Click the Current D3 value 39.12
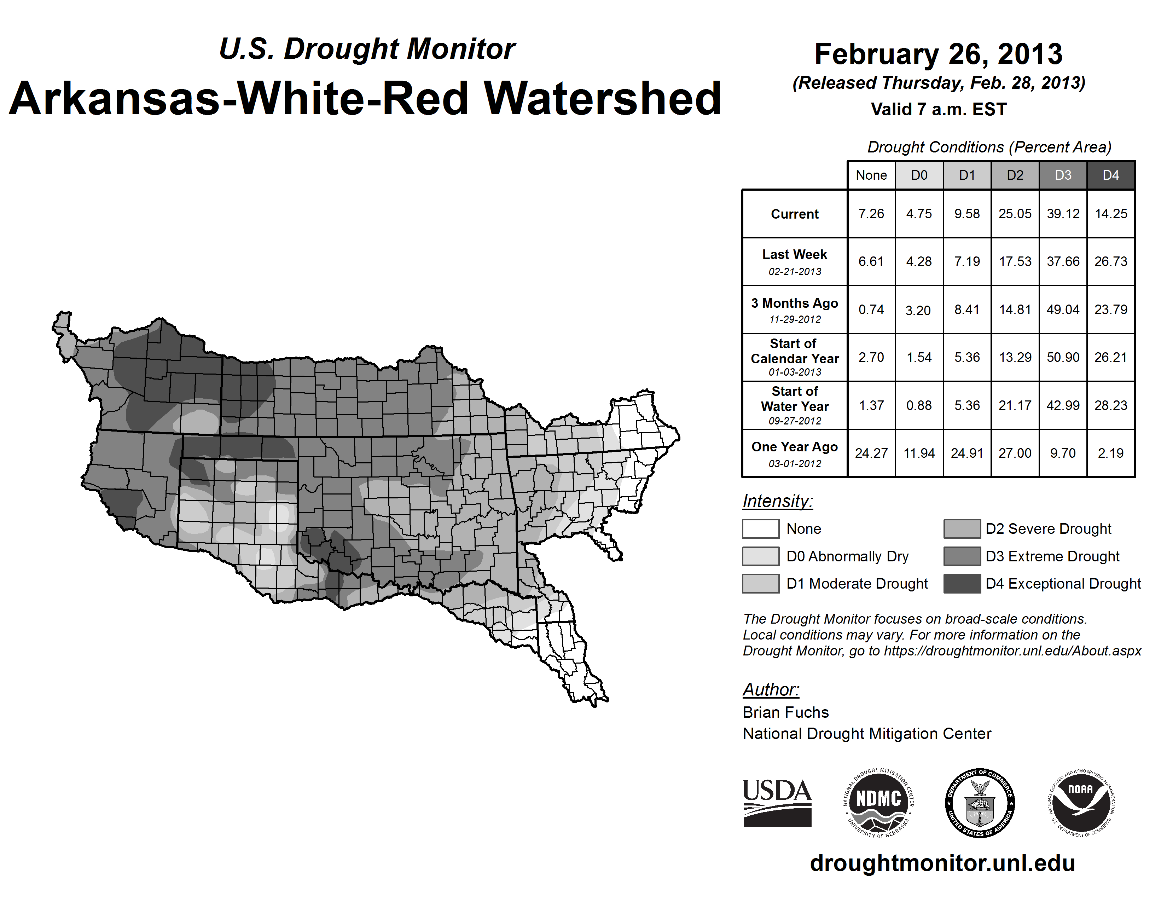tap(1063, 214)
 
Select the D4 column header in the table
tap(1110, 175)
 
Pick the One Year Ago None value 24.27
tap(871, 453)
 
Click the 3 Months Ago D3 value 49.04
tap(1063, 310)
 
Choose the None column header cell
tap(871, 175)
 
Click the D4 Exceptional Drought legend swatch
tap(962, 584)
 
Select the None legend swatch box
tap(760, 528)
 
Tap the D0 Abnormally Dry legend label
tap(847, 556)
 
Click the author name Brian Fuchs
tap(785, 712)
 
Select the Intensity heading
tap(777, 501)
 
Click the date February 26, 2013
tap(938, 54)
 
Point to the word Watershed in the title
tap(603, 99)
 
